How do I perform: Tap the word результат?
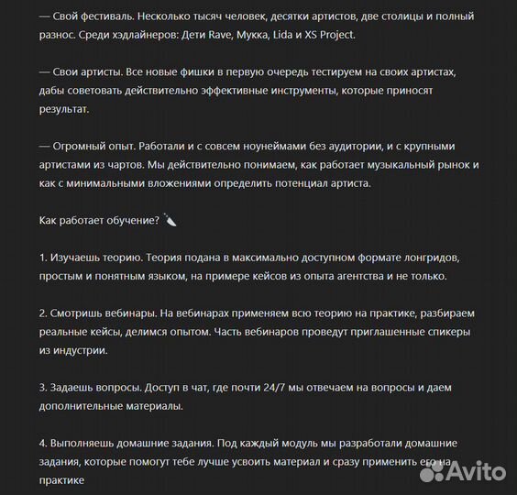tap(64, 111)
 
